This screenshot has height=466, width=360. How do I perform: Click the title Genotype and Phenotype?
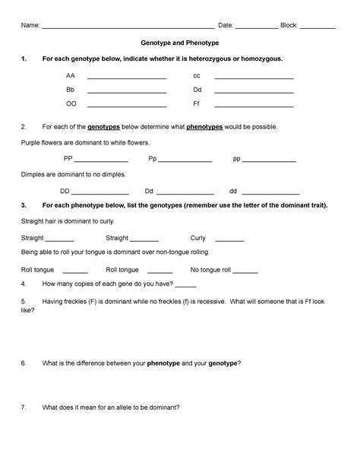click(180, 43)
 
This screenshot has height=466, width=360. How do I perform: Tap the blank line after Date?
click(256, 28)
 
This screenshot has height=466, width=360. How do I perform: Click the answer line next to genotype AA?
click(127, 79)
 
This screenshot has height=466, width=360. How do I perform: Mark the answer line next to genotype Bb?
click(127, 92)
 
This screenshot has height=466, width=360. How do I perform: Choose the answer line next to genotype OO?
click(127, 106)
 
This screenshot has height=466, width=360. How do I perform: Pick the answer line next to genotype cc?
click(254, 79)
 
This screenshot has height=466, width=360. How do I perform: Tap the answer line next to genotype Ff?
click(254, 106)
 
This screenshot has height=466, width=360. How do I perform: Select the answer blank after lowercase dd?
click(270, 193)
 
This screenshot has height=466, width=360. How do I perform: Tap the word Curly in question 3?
click(198, 237)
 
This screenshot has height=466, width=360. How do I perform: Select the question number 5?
click(24, 301)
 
